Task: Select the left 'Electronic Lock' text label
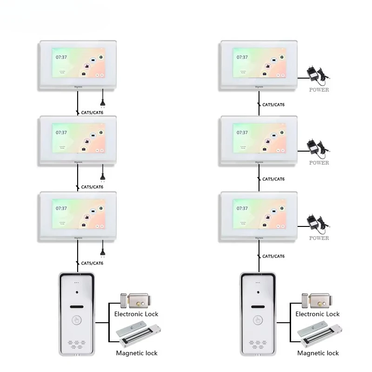click(136, 314)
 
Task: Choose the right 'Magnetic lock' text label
click(318, 353)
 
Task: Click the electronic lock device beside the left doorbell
click(137, 300)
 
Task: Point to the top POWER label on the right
click(319, 90)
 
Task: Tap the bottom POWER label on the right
click(319, 238)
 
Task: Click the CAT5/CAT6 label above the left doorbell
click(92, 263)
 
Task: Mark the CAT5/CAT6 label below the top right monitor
click(273, 105)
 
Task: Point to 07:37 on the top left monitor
click(61, 57)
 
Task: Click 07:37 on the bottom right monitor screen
click(242, 208)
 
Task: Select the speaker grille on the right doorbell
click(257, 345)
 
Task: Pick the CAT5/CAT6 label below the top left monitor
click(92, 112)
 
